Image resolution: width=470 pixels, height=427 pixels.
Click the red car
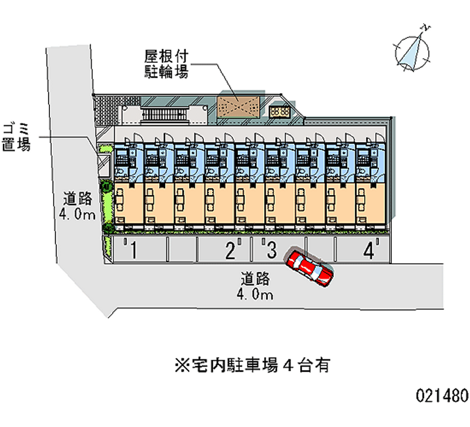point(310,267)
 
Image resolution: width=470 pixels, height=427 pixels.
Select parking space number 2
point(230,251)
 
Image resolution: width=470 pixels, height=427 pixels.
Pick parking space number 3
point(271,251)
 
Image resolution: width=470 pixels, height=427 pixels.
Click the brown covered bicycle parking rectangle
point(238,108)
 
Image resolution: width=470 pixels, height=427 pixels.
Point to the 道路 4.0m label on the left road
point(77,206)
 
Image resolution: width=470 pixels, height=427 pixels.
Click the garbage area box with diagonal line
point(104,162)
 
